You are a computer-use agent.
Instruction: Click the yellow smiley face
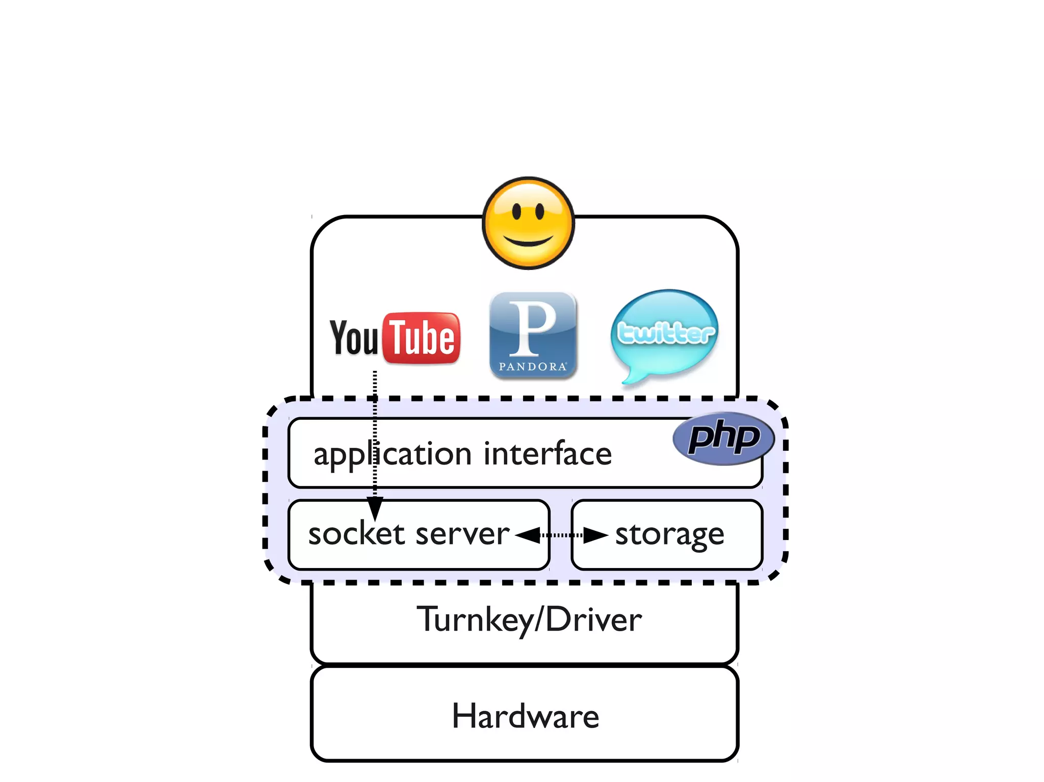[x=528, y=223]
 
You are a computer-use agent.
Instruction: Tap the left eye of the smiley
[x=516, y=210]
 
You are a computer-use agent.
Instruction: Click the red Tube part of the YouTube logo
[x=422, y=338]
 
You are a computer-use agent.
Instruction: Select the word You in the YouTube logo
[x=354, y=337]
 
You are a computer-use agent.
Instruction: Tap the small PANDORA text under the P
[x=533, y=366]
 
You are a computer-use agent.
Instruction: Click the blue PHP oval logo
[x=723, y=438]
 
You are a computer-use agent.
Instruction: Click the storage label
[x=669, y=535]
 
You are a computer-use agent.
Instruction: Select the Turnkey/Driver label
[x=529, y=620]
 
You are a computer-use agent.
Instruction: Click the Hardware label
[x=525, y=716]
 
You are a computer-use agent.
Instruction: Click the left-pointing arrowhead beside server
[x=527, y=535]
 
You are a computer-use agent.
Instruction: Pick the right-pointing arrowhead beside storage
[x=595, y=535]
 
